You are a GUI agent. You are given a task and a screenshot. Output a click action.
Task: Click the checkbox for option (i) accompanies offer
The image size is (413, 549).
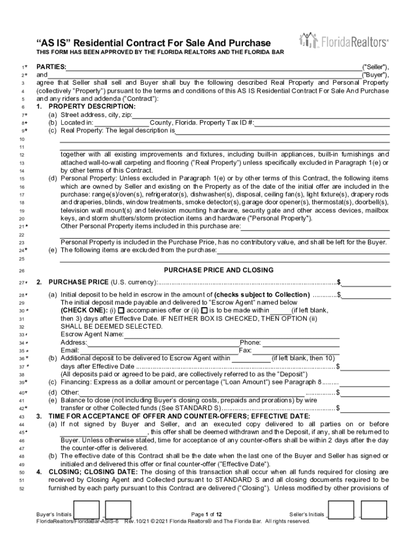tap(121, 310)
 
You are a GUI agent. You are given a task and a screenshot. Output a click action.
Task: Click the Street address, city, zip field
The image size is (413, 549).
tap(261, 115)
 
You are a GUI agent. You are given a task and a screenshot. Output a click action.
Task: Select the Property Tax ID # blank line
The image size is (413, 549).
tap(322, 123)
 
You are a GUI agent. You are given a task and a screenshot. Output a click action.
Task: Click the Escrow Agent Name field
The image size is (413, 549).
tap(231, 335)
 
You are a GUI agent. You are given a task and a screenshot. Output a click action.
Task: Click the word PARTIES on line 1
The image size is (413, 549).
tap(51, 67)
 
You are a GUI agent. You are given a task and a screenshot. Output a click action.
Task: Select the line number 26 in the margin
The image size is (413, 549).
tap(22, 271)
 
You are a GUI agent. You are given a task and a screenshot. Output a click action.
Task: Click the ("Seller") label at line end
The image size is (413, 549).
tap(375, 67)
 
